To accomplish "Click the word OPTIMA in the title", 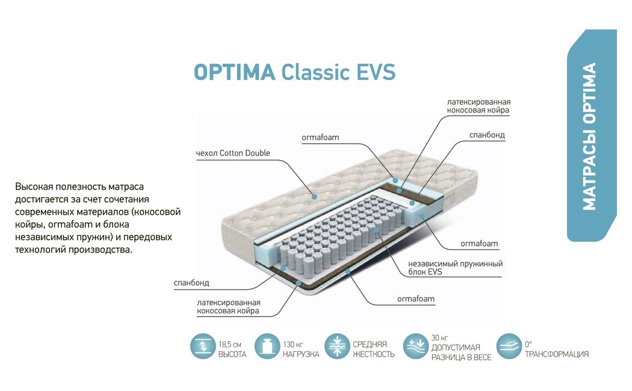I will (234, 72).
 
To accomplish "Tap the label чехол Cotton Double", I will (233, 153).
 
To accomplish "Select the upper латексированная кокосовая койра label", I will (479, 106).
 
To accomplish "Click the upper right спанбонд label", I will (487, 135).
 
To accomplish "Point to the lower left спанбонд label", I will (191, 282).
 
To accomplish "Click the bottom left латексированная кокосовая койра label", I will (228, 306).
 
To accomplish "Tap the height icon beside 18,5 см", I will (202, 346).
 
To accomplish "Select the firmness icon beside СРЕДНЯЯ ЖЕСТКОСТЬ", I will (337, 346).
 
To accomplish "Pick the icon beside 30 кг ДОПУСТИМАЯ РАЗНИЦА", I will (415, 346).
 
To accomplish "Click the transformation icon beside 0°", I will (509, 346).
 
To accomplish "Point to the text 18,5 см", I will (230, 344).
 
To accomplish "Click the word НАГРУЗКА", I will (301, 354).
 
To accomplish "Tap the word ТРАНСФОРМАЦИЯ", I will (557, 354).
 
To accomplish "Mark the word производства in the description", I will (102, 249).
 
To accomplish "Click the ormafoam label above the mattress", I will (320, 137).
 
